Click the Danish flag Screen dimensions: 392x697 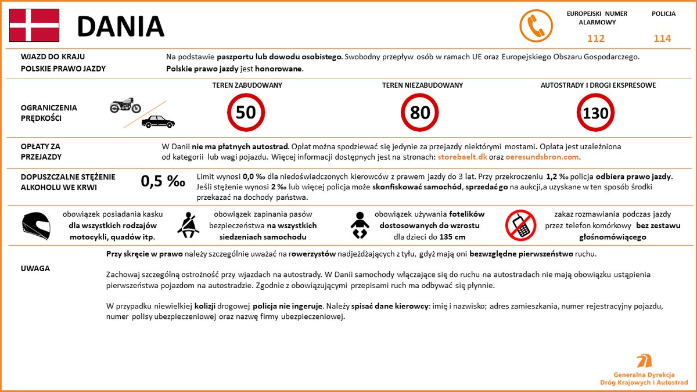[34, 26]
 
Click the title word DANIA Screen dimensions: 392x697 [121, 26]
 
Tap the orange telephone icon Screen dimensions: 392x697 [536, 27]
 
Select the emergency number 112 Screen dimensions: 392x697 [596, 38]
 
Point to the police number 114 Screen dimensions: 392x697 [662, 38]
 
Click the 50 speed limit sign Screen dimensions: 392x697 [246, 112]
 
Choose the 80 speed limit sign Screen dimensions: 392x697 [420, 112]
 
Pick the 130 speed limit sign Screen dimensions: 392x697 [595, 113]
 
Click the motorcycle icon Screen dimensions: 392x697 [125, 105]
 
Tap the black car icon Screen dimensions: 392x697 [158, 121]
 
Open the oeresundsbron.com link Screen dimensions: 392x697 [542, 157]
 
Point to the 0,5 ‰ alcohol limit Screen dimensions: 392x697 [163, 181]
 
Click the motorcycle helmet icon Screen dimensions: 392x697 [36, 225]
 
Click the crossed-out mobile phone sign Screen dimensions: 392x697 [520, 225]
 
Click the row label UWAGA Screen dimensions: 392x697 [35, 268]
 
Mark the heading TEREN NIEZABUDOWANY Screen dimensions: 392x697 [422, 85]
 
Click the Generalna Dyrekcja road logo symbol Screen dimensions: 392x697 [644, 360]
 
